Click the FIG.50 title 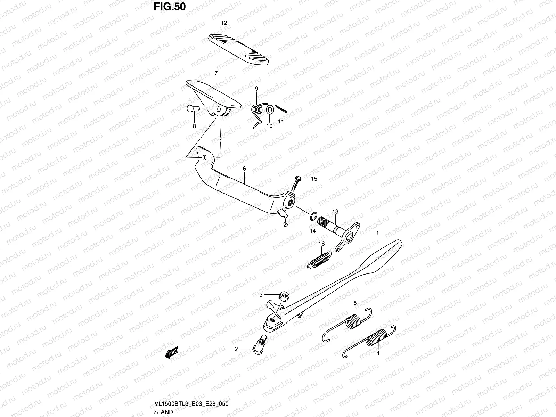coord(170,7)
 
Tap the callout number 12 coord(224,23)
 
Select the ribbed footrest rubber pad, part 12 coord(238,50)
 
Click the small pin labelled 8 coord(193,109)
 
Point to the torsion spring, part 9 coord(259,115)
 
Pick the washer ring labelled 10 coord(270,110)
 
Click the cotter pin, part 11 coord(281,109)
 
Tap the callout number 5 coord(355,303)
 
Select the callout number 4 coord(378,353)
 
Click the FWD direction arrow coord(171,352)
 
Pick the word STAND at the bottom coord(163,412)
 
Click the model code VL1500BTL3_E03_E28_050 coord(191,403)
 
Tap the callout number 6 coord(244,169)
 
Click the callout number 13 coord(335,211)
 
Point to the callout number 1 coord(377,233)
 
